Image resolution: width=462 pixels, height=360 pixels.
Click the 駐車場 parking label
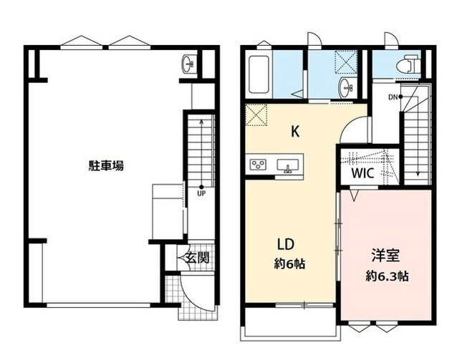[106, 165]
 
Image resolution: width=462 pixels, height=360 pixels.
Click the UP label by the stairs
[201, 193]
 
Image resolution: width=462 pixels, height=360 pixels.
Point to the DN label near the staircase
[393, 97]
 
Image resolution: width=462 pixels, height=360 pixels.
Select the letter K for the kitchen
[295, 131]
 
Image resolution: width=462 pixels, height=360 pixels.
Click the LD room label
[286, 244]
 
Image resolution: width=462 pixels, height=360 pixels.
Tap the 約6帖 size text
[289, 264]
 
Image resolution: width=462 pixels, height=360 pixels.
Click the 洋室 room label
[385, 256]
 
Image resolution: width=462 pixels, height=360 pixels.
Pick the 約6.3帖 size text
[388, 276]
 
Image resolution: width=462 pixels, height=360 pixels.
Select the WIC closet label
[362, 173]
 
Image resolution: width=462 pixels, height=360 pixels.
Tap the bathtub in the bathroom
[259, 74]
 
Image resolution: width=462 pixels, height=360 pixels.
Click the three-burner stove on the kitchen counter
[258, 164]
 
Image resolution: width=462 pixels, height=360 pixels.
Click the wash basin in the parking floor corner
[188, 64]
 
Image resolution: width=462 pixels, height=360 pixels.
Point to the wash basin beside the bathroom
[347, 88]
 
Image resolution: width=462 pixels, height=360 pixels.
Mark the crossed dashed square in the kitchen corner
[256, 115]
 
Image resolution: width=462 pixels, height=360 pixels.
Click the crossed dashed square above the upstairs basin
[347, 62]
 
